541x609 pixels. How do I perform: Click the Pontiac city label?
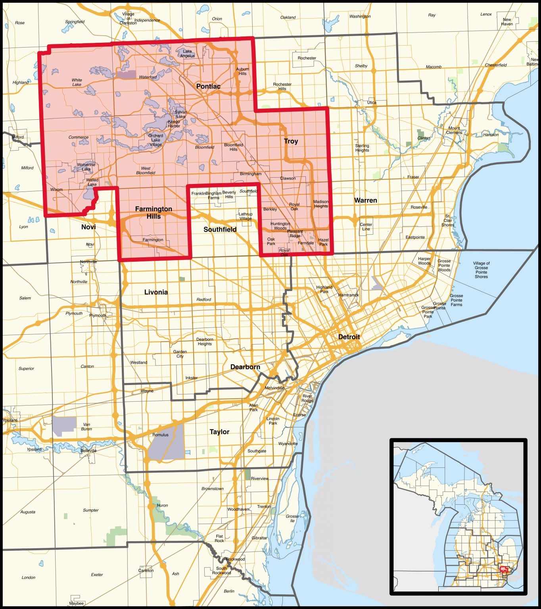208,86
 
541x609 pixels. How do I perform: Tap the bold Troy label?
291,141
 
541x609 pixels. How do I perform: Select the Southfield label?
220,230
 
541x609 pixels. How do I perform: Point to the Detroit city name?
349,337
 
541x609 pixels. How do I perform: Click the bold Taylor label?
219,432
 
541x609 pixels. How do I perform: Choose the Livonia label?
156,292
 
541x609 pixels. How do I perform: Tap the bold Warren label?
365,201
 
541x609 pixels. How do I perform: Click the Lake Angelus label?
187,54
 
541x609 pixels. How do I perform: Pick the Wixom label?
56,190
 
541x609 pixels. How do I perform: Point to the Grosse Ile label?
292,518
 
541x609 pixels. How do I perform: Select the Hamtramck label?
348,295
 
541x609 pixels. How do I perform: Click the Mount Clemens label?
454,130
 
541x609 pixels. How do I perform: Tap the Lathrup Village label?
245,216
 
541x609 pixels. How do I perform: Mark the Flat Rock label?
219,538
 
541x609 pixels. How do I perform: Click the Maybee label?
76,603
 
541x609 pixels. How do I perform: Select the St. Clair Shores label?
447,220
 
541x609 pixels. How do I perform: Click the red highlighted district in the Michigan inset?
504,570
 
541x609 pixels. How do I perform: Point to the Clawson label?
288,178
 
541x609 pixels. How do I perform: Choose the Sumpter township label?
90,510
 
